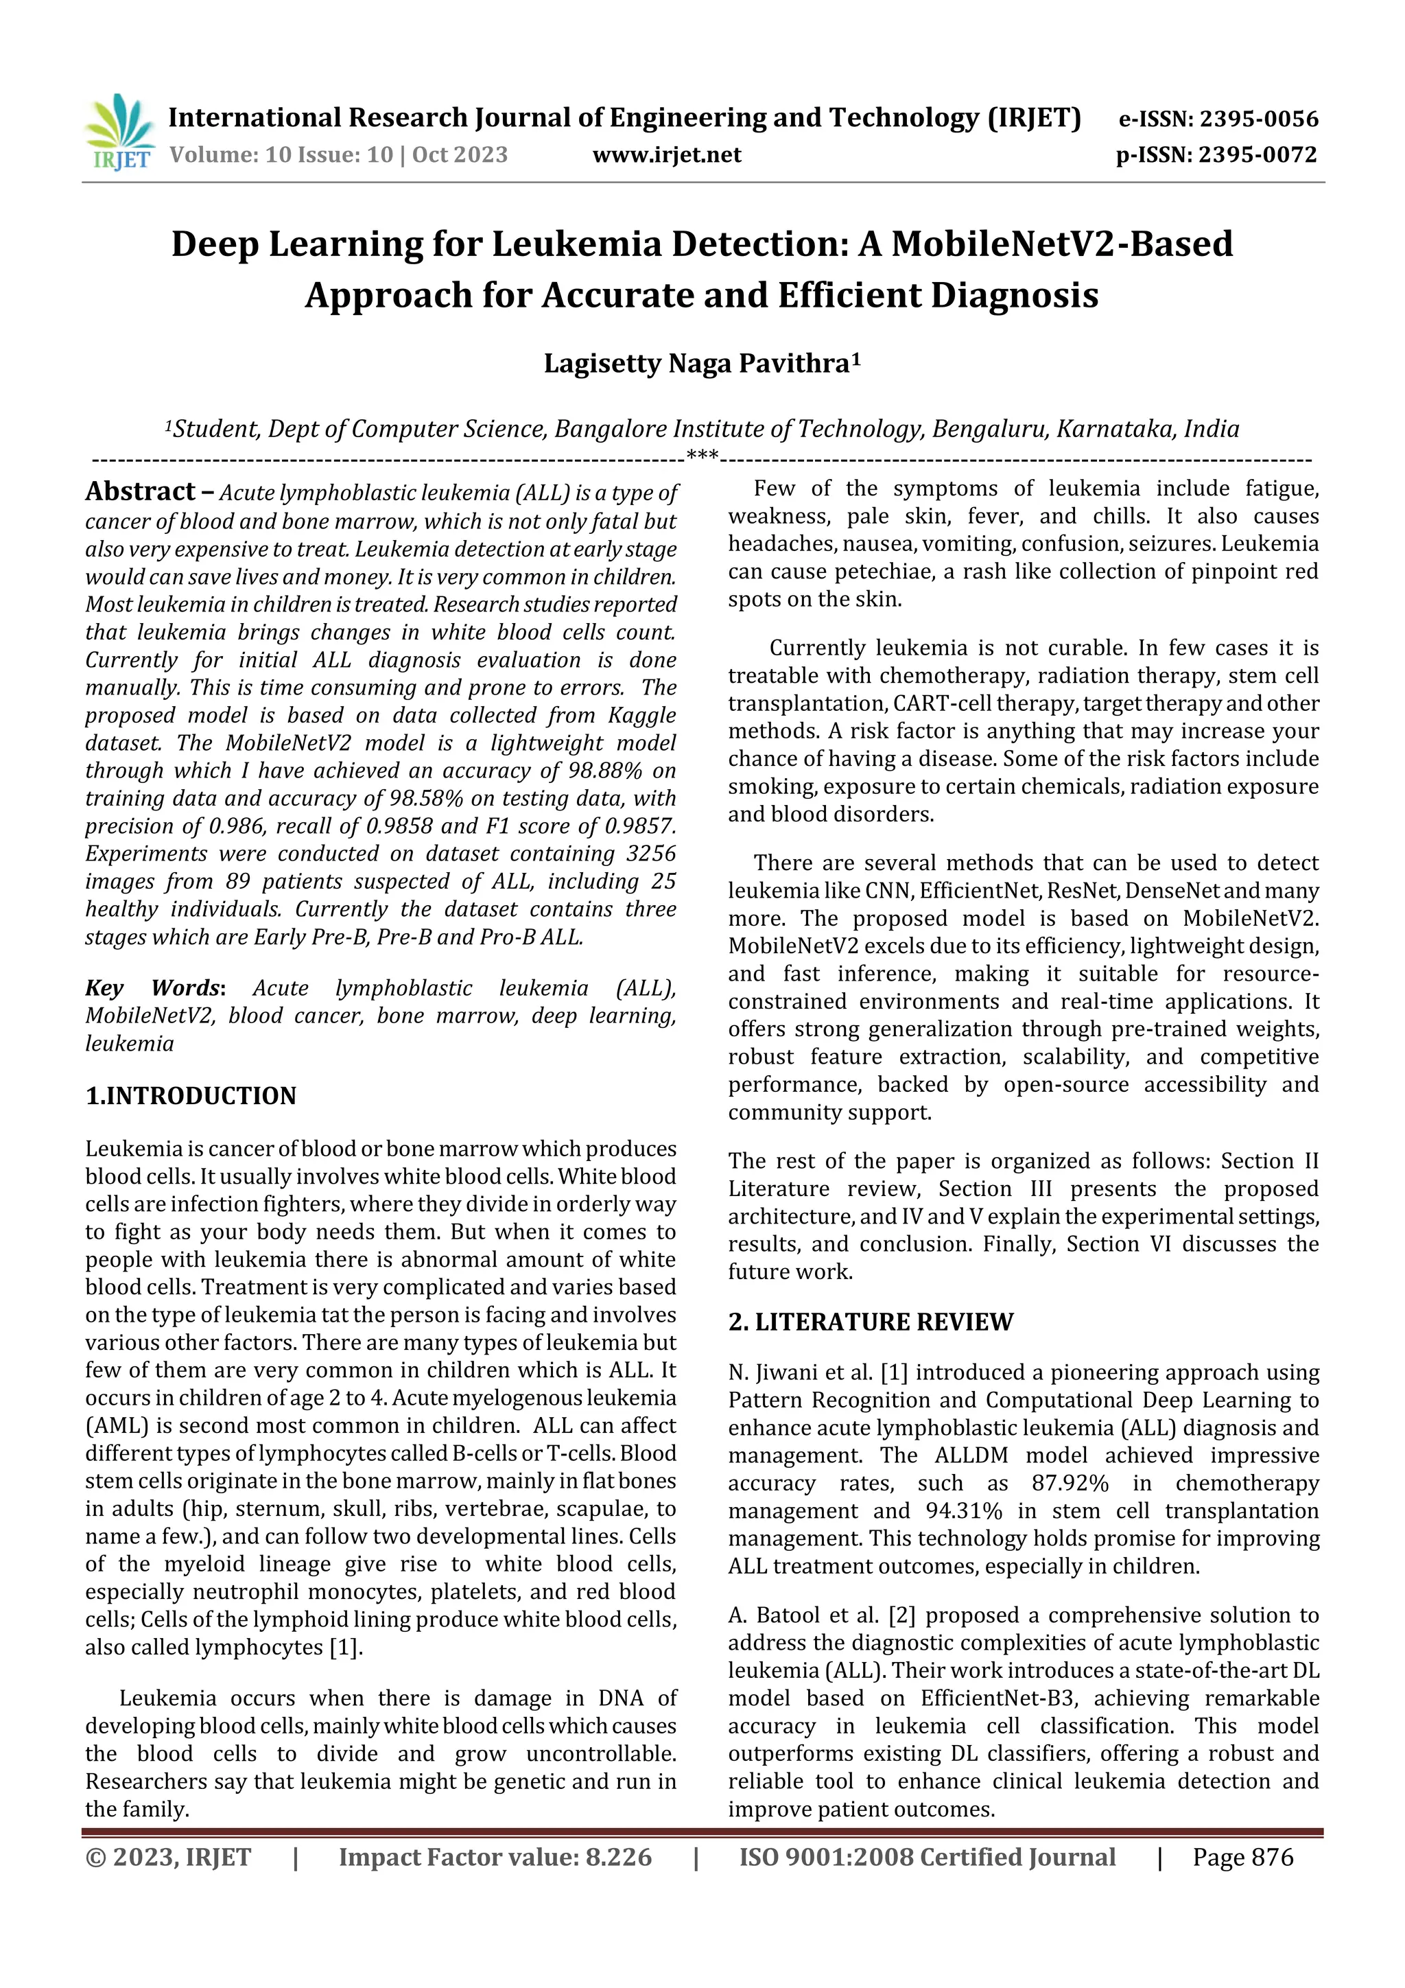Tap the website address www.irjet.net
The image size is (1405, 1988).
click(x=667, y=155)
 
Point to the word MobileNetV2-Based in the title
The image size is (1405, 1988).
click(x=1061, y=244)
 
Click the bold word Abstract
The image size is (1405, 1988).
click(x=140, y=492)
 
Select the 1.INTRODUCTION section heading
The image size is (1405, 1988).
click(x=191, y=1096)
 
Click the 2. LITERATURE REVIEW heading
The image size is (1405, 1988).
click(x=870, y=1322)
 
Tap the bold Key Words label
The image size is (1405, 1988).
click(x=154, y=988)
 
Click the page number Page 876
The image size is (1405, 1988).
click(x=1242, y=1857)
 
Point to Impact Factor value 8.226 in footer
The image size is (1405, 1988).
click(x=495, y=1857)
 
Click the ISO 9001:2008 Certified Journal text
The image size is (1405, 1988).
click(x=926, y=1857)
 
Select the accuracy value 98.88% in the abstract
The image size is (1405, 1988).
click(x=604, y=771)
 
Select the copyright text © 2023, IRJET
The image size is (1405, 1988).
click(x=168, y=1857)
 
